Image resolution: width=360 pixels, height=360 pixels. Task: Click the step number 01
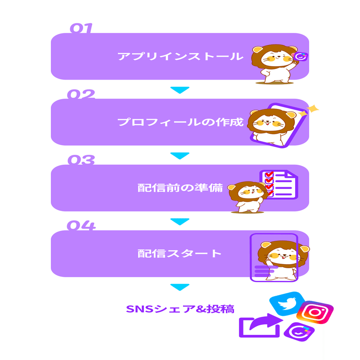[81, 29]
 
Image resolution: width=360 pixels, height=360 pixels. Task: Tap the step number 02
[81, 94]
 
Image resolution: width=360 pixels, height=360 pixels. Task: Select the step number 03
[81, 160]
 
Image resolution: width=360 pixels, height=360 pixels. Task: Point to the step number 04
[81, 225]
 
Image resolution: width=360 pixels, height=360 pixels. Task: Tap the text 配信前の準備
[180, 188]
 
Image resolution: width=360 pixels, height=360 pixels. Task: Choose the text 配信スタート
[180, 253]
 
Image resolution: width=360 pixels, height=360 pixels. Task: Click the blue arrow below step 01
[180, 90]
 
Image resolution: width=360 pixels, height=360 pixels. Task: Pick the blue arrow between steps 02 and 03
[180, 156]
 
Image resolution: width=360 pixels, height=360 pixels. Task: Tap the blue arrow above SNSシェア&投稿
[180, 287]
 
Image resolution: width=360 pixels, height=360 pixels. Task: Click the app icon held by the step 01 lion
[300, 57]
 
